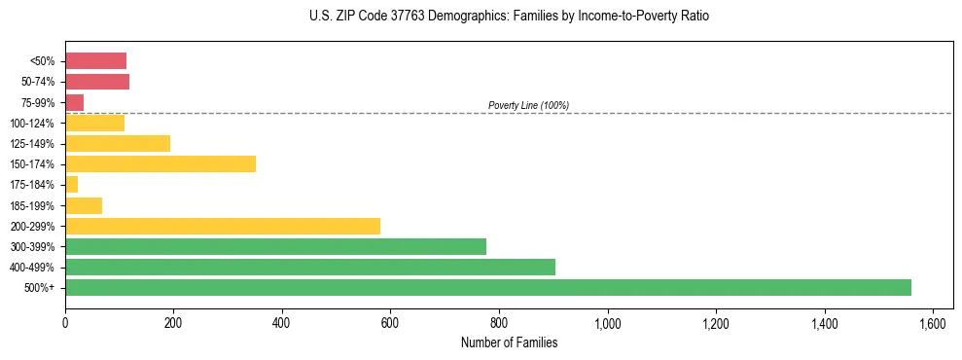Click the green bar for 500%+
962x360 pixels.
487,287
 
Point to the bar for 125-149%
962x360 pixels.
117,144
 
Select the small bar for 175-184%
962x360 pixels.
71,185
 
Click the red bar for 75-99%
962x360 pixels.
74,102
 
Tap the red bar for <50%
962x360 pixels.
95,61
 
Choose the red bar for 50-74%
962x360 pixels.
96,82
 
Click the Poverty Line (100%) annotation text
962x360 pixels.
528,105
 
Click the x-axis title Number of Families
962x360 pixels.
509,342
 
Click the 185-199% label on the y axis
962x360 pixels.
32,205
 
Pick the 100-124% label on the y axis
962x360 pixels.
32,124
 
